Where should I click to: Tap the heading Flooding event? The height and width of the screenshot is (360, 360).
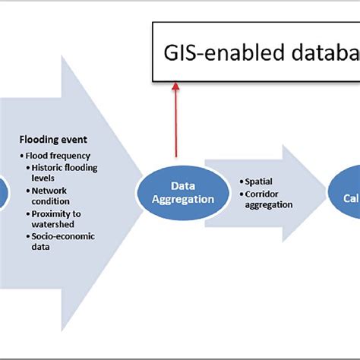[52, 140]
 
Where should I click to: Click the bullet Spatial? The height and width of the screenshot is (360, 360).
[258, 182]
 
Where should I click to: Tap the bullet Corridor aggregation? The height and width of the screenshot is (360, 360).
[267, 199]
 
